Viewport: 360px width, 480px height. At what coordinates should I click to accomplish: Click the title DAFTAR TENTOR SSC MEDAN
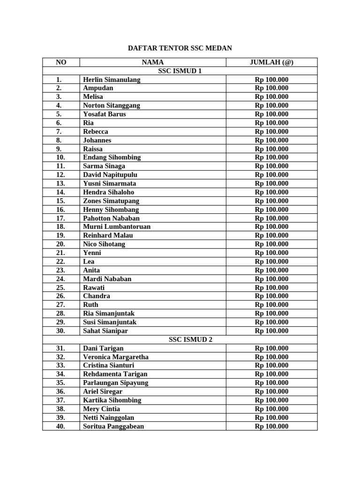[180, 48]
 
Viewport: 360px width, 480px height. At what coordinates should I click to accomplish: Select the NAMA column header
[153, 62]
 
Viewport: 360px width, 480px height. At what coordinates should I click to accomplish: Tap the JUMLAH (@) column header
[271, 62]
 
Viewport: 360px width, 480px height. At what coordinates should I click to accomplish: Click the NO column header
[61, 62]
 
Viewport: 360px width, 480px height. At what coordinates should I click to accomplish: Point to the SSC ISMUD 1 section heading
[180, 71]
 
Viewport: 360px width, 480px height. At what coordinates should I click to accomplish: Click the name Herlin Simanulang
[112, 80]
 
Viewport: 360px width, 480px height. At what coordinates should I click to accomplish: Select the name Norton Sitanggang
[112, 105]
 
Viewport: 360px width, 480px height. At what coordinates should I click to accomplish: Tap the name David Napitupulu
[111, 175]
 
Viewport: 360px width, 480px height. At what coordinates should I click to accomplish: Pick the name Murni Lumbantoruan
[117, 226]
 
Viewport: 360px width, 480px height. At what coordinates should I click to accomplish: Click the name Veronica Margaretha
[116, 357]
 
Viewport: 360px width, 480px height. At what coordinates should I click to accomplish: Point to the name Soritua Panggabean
[113, 426]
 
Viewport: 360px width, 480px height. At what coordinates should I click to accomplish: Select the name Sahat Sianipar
[105, 331]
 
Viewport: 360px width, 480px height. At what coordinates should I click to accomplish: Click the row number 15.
[60, 201]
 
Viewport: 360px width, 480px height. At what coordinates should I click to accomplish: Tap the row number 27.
[60, 305]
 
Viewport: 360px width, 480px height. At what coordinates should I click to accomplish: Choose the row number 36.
[60, 391]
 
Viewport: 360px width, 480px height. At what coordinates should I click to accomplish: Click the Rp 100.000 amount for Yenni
[271, 253]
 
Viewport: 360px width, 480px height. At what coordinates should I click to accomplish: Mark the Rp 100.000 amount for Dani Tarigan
[271, 348]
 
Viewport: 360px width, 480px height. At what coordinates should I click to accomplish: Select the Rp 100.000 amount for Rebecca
[271, 132]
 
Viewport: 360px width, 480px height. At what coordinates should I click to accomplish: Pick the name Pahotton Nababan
[111, 218]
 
